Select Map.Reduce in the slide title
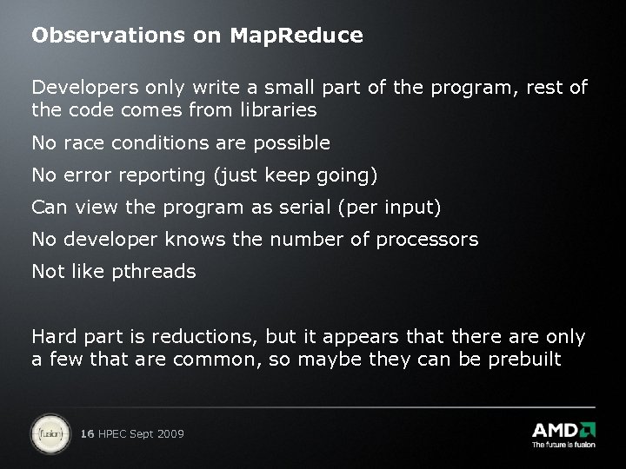296,36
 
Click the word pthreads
154,272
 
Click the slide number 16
86,433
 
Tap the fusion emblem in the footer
49,432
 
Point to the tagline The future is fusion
563,446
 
